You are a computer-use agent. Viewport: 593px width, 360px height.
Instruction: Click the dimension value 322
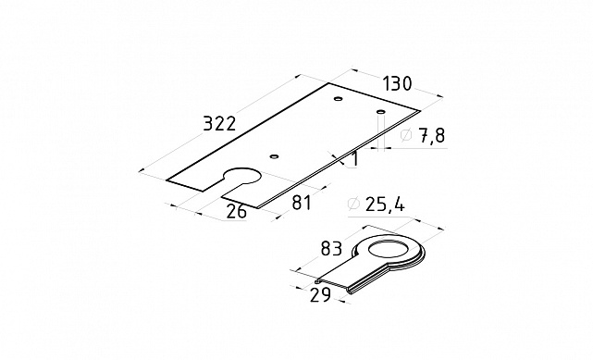(219, 124)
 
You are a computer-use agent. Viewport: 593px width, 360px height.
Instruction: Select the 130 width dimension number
(397, 83)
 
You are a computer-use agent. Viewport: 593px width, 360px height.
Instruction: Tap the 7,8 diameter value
(432, 135)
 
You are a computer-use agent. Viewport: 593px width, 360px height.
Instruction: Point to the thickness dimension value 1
(354, 159)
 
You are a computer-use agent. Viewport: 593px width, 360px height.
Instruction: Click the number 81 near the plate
(302, 203)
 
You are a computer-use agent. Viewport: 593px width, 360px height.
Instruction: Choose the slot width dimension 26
(237, 211)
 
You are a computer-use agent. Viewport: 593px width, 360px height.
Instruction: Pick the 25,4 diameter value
(385, 205)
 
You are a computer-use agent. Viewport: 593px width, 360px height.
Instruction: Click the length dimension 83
(331, 249)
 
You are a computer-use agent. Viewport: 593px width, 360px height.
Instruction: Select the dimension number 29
(320, 295)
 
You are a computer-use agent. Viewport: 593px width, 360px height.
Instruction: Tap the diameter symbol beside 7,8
(406, 135)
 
